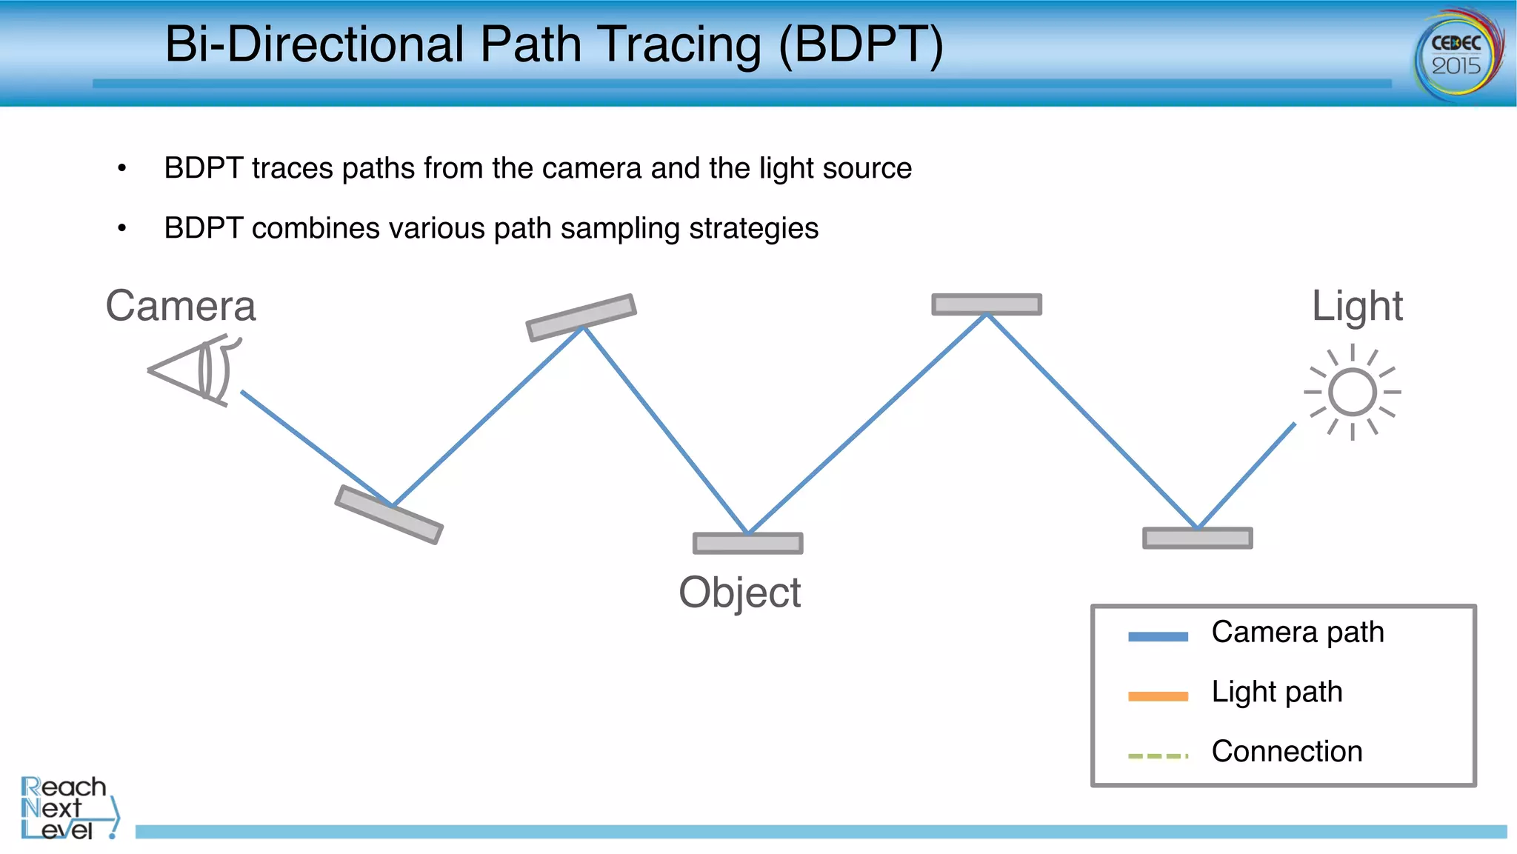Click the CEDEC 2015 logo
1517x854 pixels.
click(x=1458, y=54)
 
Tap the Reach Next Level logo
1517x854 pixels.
click(x=68, y=808)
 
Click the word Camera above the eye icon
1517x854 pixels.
click(x=181, y=306)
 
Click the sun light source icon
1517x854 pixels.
click(x=1353, y=392)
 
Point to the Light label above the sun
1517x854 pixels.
click(x=1357, y=306)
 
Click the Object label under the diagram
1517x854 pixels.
click(x=739, y=593)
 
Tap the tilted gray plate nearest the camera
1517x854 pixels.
click(x=389, y=515)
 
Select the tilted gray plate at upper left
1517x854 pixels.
click(x=581, y=318)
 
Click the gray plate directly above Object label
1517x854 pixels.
click(x=747, y=543)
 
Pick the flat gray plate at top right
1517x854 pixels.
click(x=987, y=304)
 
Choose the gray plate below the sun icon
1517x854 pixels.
click(x=1197, y=538)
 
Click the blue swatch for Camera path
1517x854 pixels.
click(x=1158, y=636)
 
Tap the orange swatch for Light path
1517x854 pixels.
click(x=1158, y=696)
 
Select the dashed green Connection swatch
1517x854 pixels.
click(x=1158, y=756)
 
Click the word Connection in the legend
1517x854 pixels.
click(x=1287, y=751)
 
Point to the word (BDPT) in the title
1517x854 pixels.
click(x=861, y=44)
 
